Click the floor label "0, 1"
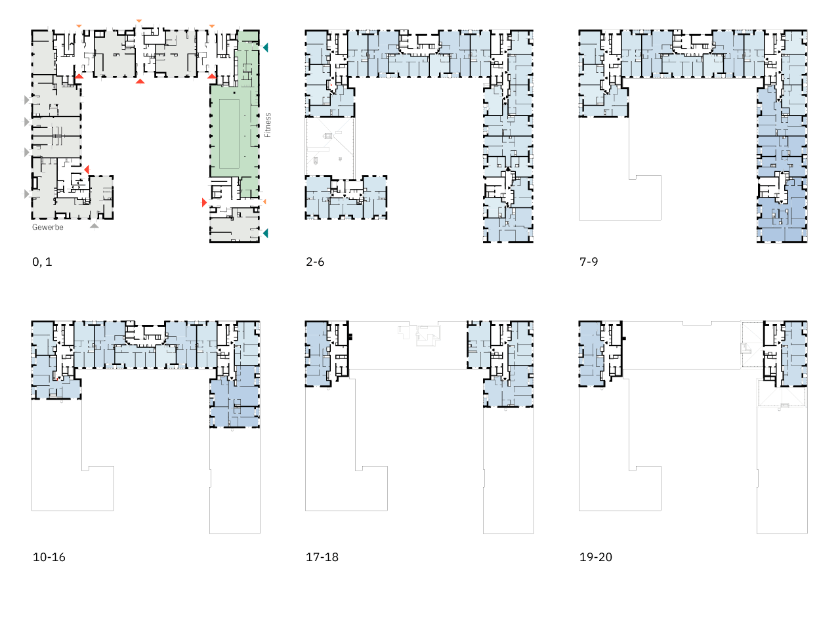[42, 262]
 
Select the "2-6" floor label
[315, 262]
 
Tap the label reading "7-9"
[589, 262]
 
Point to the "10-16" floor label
[49, 557]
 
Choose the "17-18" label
[322, 557]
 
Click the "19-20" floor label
[596, 557]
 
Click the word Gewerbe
[48, 227]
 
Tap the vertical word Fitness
[268, 125]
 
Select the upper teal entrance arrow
[266, 47]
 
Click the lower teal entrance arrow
[266, 233]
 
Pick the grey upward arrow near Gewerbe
[94, 226]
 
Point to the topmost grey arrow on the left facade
[27, 100]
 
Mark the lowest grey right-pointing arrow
[27, 194]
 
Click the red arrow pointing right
[204, 202]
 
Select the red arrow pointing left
[87, 169]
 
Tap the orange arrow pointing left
[264, 201]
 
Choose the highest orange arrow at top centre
[139, 20]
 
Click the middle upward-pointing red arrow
[140, 81]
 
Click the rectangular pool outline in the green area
[230, 134]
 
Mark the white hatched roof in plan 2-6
[330, 146]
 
